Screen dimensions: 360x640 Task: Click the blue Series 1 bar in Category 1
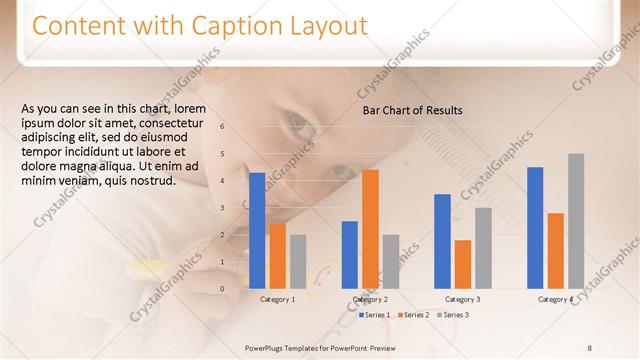click(x=257, y=231)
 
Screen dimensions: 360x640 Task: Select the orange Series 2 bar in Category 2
click(x=370, y=229)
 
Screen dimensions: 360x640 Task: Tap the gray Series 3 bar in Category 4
click(x=576, y=221)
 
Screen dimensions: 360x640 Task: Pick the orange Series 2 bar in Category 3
click(x=463, y=264)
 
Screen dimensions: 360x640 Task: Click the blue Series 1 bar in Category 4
click(x=535, y=228)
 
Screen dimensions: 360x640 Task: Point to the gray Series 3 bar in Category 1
click(x=298, y=261)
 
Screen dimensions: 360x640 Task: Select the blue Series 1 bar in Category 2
click(x=350, y=255)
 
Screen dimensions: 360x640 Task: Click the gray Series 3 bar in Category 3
click(x=483, y=248)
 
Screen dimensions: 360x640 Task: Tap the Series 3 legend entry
click(x=453, y=315)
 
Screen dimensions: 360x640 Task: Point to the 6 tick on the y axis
click(x=237, y=126)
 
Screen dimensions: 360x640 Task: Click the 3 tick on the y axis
click(x=237, y=208)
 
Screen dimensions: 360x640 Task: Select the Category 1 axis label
click(x=277, y=299)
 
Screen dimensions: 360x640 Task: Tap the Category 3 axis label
click(x=463, y=299)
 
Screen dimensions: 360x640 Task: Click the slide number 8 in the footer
click(x=590, y=347)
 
